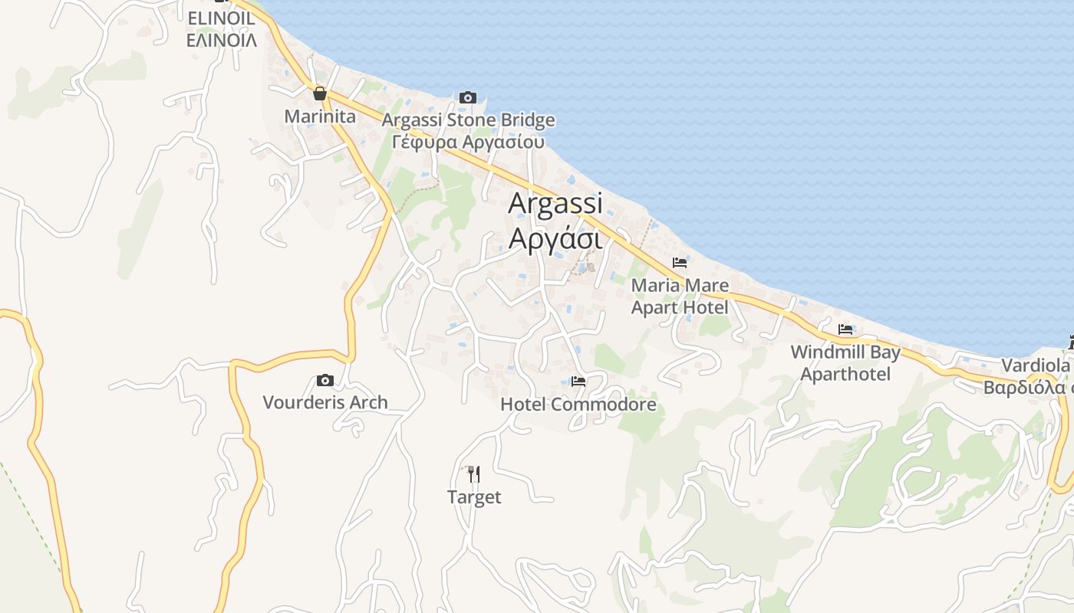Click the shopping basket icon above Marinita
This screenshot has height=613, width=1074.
(320, 93)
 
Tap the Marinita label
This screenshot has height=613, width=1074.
(320, 116)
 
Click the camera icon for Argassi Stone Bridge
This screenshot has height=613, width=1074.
(468, 97)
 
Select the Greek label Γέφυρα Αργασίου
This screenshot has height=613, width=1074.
(468, 142)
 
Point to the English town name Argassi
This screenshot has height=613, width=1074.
(555, 203)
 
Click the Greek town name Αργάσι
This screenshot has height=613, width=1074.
(555, 238)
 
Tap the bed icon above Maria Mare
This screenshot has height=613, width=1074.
(680, 263)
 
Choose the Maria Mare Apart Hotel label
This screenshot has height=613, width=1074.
(680, 297)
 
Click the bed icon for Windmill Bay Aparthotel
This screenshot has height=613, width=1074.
(845, 329)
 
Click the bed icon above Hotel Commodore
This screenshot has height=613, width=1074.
(578, 381)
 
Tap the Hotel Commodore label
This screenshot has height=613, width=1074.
(578, 404)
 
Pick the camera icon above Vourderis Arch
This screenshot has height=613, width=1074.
(325, 380)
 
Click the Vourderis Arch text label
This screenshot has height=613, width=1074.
(325, 402)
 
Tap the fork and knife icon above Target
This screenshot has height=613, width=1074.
(474, 474)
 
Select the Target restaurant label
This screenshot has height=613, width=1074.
(474, 497)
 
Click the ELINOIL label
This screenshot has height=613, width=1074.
(222, 19)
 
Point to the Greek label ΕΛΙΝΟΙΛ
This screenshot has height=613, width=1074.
(222, 40)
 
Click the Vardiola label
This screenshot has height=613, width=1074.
(1036, 366)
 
